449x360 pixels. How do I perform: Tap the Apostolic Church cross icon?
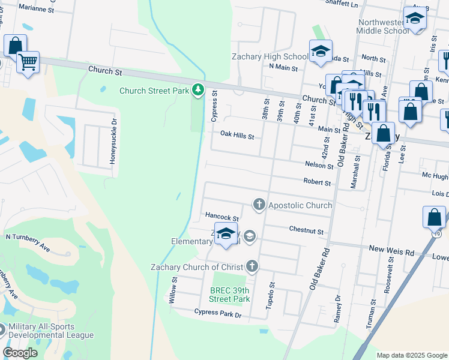pyautogui.click(x=259, y=205)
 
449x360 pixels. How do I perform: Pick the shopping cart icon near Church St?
pyautogui.click(x=28, y=61)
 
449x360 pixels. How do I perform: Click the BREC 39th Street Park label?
pyautogui.click(x=229, y=294)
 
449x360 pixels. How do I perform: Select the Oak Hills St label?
pyautogui.click(x=237, y=136)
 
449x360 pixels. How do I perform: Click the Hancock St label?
pyautogui.click(x=222, y=217)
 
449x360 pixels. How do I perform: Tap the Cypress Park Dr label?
pyautogui.click(x=217, y=313)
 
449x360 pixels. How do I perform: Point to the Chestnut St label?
pyautogui.click(x=306, y=231)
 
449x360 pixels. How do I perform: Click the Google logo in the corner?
pyautogui.click(x=20, y=353)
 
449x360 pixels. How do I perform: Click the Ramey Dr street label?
pyautogui.click(x=337, y=308)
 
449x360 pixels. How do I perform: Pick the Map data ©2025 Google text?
pyautogui.click(x=411, y=355)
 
